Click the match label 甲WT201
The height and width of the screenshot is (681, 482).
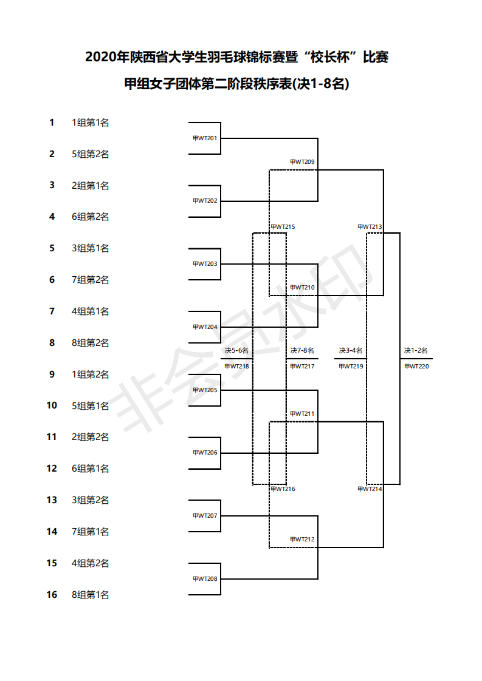(205, 138)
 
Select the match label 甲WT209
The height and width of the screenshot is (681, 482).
(302, 162)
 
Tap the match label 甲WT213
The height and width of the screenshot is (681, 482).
(370, 227)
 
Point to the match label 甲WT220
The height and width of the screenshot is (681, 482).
(416, 366)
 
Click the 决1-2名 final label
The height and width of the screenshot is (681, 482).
(416, 350)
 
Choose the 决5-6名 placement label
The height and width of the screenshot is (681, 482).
(236, 350)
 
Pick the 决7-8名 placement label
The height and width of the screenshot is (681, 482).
(302, 350)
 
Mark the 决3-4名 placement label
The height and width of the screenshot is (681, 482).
(351, 350)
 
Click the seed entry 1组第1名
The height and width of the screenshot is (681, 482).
(91, 123)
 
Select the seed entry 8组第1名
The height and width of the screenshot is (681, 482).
(91, 595)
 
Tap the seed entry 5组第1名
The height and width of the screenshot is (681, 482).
(91, 406)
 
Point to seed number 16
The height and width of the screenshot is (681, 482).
(52, 595)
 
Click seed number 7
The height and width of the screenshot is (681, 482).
(52, 311)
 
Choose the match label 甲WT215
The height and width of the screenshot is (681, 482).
(283, 227)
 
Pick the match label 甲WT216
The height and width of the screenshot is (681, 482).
(283, 489)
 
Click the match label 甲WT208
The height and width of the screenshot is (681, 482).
(205, 579)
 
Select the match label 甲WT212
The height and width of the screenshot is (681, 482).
(302, 540)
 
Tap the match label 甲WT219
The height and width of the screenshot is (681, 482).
(351, 366)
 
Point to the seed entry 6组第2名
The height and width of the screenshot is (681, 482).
(91, 217)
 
